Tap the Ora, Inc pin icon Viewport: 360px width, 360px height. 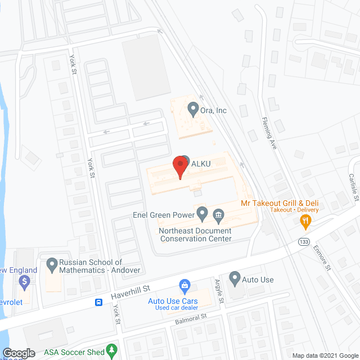tap(193, 107)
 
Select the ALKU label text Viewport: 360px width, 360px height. tap(201, 163)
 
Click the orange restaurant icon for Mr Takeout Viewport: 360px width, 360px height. tap(305, 222)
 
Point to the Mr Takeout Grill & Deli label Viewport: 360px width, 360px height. tap(280, 202)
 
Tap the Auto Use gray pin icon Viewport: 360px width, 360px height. tap(234, 277)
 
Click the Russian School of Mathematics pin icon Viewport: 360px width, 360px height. tap(52, 263)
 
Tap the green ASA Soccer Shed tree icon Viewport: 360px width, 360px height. tap(112, 351)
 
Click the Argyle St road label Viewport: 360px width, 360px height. tap(220, 292)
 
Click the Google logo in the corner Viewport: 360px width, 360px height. tap(19, 353)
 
